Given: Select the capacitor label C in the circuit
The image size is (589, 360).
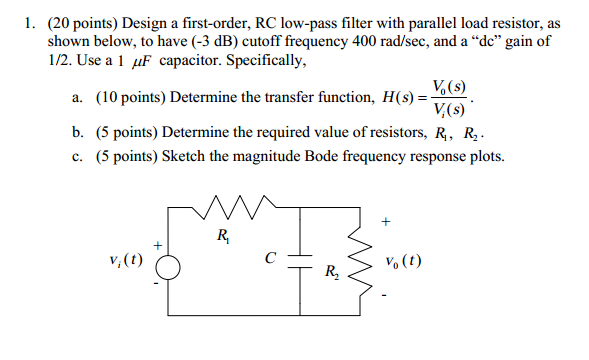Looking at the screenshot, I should click(x=270, y=256).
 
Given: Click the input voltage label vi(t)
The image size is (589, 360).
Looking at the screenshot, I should click(x=126, y=261).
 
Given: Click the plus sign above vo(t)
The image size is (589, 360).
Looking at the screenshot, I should click(x=385, y=222).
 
